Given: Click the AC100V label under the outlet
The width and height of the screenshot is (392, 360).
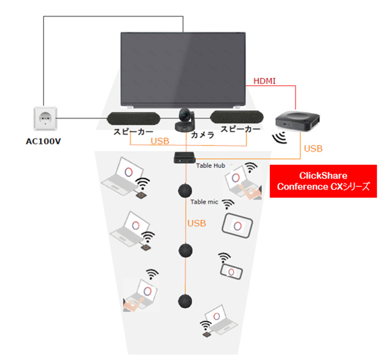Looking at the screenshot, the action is point(43,141).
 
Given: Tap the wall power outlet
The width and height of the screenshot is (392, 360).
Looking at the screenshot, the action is point(45,118).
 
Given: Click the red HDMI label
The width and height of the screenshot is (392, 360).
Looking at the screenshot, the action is point(264,81).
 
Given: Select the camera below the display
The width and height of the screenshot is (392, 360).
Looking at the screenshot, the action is point(185,120).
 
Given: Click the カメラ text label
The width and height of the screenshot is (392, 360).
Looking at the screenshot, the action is point(203,135).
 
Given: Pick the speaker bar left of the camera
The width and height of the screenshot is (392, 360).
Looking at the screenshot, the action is point(133,118).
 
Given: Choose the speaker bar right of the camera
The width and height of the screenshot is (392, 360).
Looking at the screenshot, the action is point(237,117).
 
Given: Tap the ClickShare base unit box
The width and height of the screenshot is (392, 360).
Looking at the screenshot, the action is point(297,121).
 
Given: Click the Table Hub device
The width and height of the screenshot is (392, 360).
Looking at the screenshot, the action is point(185,157).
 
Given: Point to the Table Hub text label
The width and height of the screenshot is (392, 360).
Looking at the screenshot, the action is point(211,165).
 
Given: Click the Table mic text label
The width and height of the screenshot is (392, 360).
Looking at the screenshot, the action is point(204,202).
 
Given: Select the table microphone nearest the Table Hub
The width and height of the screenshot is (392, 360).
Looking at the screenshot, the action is point(185,191).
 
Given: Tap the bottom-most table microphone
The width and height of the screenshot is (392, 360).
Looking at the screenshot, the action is point(185,301).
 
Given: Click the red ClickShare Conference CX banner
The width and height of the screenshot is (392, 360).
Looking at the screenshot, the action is point(323,181).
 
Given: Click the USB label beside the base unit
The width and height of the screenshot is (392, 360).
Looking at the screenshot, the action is point(313,149).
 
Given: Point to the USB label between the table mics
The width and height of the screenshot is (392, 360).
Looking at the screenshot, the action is point(197,223).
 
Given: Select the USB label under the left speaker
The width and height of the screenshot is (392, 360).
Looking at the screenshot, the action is point(160,141).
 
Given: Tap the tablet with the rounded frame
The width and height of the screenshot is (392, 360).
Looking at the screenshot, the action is point(237,226).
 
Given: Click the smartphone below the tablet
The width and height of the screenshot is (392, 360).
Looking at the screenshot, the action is point(231,272).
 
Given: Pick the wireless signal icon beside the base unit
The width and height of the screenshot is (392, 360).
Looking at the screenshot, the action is point(280,138).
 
